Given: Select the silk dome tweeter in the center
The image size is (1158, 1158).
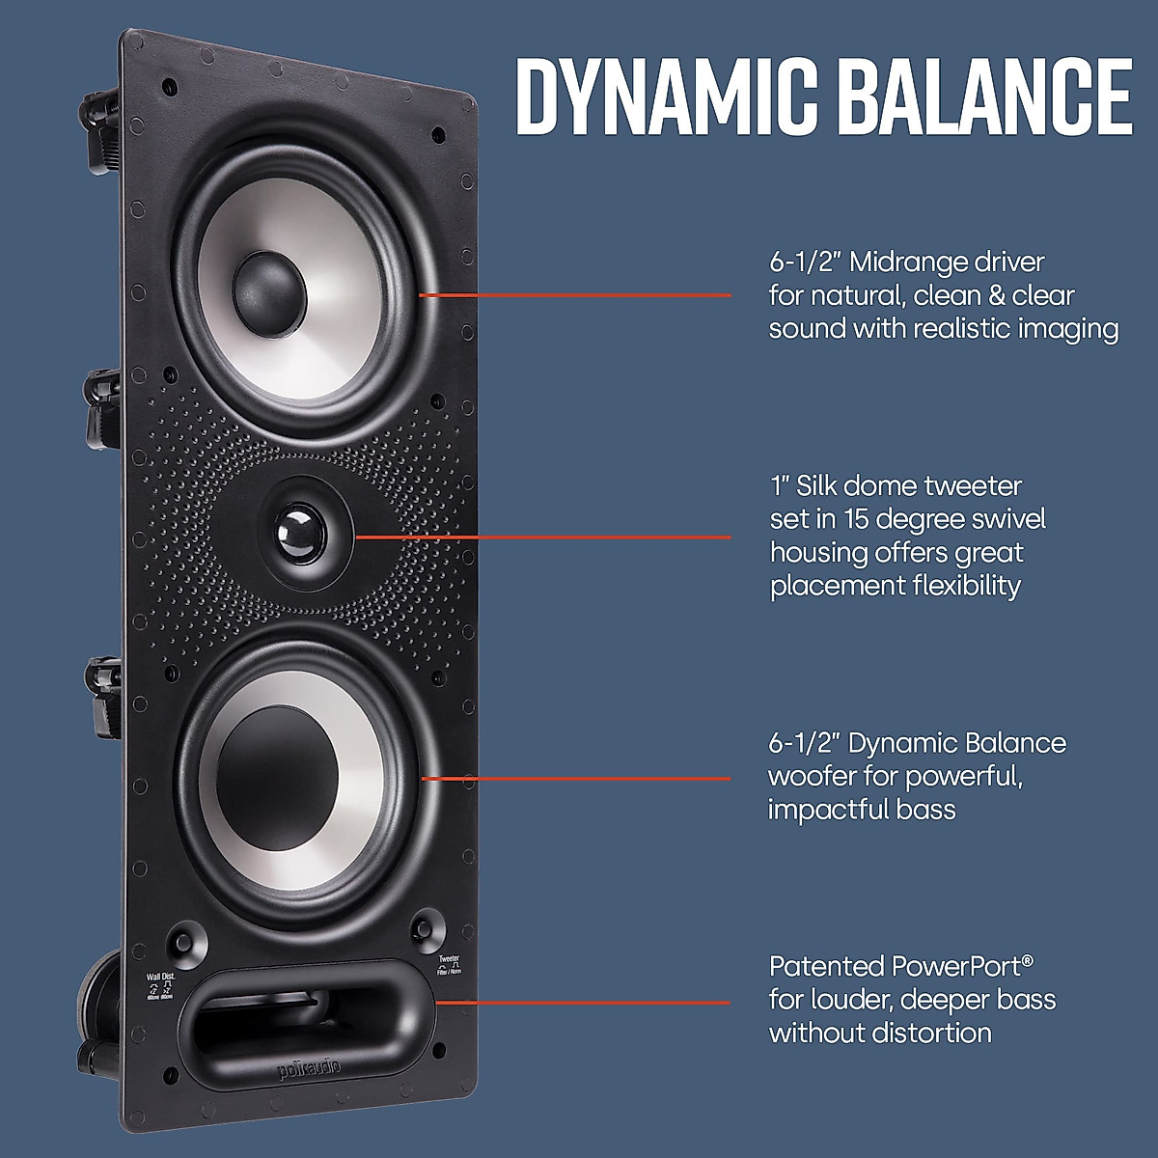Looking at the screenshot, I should [x=299, y=534].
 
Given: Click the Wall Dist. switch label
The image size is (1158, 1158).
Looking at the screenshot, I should [x=160, y=977].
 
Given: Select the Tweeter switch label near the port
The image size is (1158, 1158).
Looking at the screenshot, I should [x=449, y=959].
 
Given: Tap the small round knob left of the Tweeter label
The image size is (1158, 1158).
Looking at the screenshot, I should [x=423, y=928].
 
